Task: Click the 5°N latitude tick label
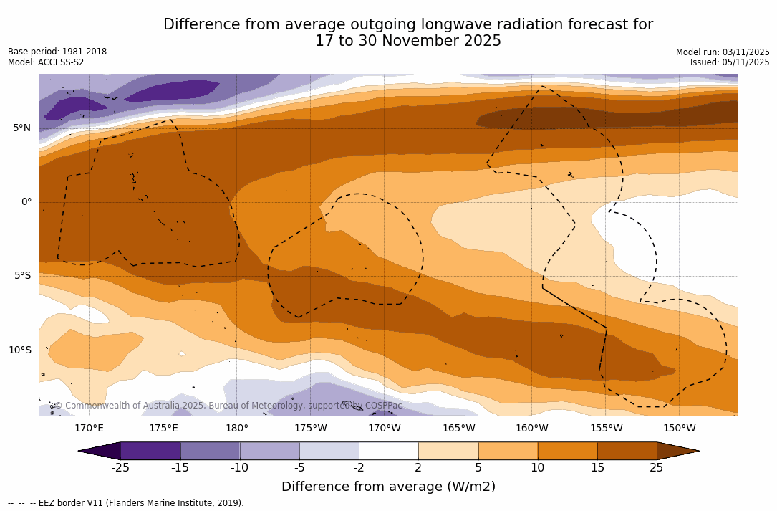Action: point(21,128)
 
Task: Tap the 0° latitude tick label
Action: point(26,202)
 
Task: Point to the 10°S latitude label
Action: point(19,350)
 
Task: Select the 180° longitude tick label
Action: point(237,429)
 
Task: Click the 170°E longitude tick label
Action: point(89,429)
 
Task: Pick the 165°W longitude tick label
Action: point(458,429)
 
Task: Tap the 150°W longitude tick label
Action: point(679,429)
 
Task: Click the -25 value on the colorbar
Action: point(120,468)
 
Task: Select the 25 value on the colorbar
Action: point(656,468)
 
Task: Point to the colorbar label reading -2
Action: point(359,468)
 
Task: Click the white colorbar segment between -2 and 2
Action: point(388,451)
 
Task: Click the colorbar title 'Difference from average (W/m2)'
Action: point(388,487)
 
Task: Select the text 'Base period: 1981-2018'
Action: point(57,52)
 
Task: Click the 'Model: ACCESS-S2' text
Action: point(46,62)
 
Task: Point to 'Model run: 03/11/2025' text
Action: point(723,52)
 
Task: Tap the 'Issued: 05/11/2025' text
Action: point(730,62)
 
